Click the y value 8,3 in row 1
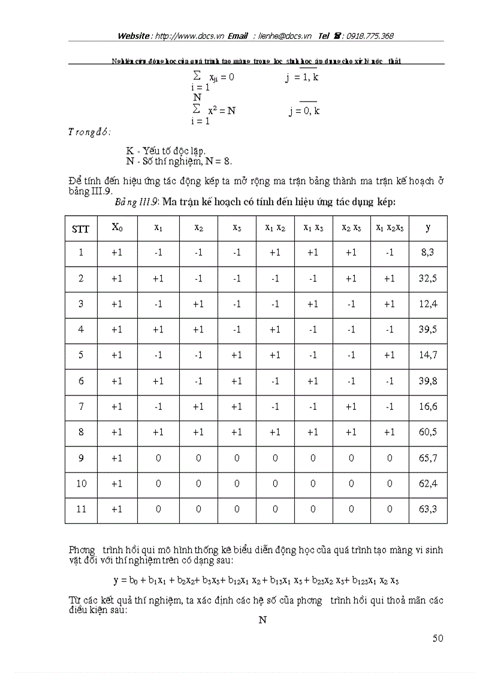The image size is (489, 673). pos(427,253)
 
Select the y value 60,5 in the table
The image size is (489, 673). pos(427,433)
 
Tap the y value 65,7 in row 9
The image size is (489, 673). pos(427,458)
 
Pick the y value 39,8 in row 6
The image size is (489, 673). pos(427,381)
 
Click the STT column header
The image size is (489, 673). pos(81,228)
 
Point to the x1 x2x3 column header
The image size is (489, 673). pos(390,228)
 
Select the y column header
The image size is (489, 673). pos(427,228)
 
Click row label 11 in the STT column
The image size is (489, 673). pos(81,509)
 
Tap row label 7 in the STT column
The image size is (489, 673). pos(81,407)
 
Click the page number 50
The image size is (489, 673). pos(437,638)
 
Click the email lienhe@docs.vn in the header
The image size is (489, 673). pos(285,36)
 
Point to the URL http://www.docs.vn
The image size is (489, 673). pos(189,36)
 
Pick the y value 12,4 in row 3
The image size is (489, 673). pos(427,304)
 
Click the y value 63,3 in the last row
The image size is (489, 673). pos(427,509)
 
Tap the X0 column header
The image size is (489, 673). pos(117,227)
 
